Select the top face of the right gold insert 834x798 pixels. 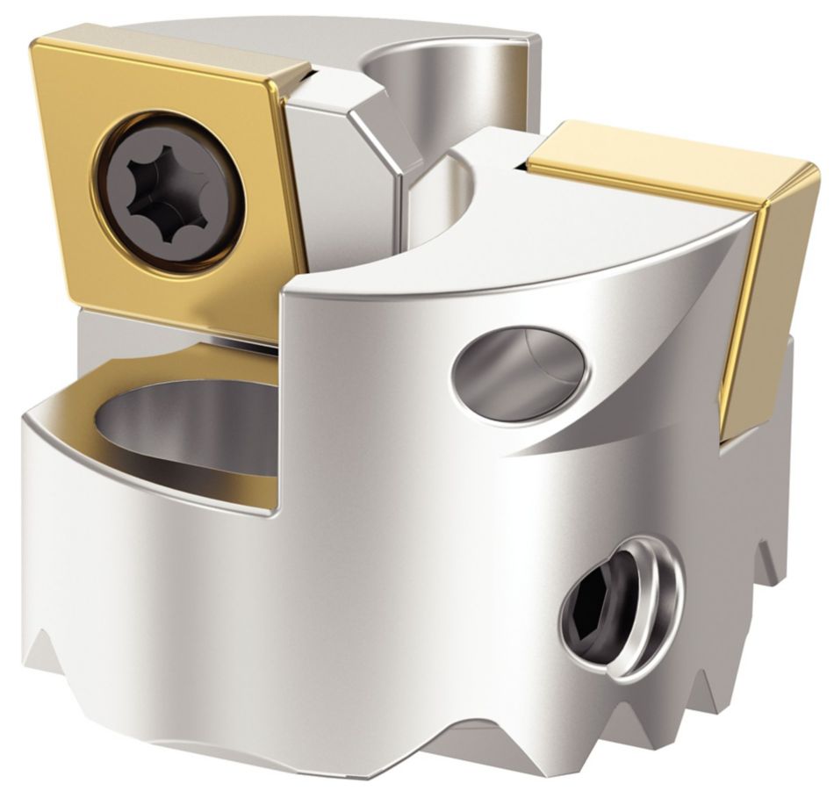[667, 171]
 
